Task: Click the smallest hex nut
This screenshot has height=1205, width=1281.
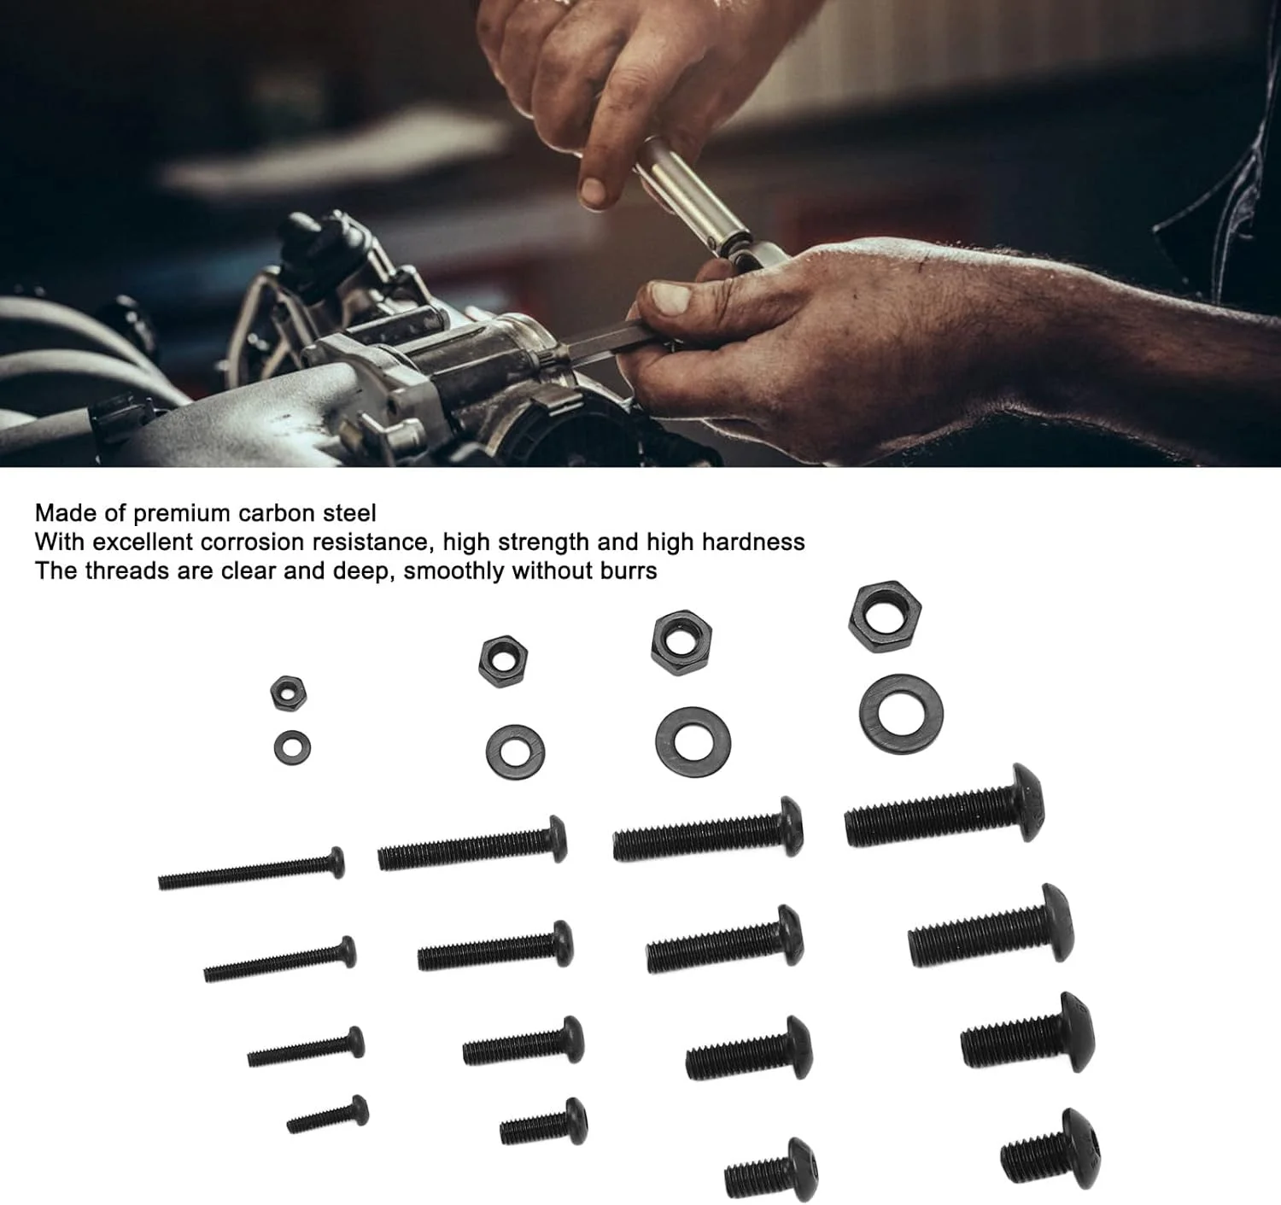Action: tap(288, 693)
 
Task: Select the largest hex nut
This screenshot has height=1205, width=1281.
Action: tap(884, 616)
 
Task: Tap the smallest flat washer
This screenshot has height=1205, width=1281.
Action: tap(292, 747)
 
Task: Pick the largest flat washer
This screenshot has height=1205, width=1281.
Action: tap(901, 714)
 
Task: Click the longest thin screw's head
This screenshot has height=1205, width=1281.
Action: tap(336, 863)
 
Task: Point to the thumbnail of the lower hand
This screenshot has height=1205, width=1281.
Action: tap(671, 298)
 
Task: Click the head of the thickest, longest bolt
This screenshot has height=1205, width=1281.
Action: tap(1027, 803)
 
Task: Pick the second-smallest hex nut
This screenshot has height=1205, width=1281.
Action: tap(503, 661)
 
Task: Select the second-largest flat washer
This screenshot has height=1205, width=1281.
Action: tap(693, 742)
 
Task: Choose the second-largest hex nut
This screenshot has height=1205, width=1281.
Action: tap(681, 642)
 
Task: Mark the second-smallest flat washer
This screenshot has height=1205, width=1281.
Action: tap(515, 752)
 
